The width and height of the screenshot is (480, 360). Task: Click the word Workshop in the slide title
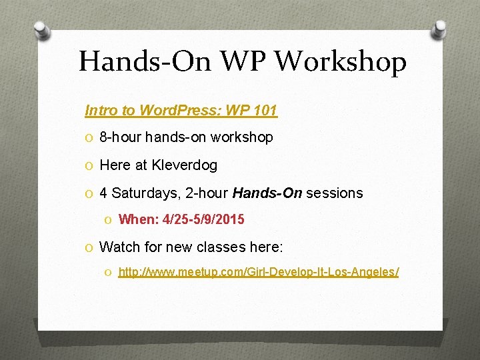point(341,63)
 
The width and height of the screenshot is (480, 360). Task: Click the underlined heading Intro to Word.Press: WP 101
point(181,110)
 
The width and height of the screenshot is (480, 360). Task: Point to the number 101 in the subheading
point(265,110)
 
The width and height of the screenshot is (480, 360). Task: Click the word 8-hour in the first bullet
point(120,137)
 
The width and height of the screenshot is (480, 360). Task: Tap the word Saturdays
point(140,193)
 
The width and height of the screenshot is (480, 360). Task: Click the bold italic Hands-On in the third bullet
point(267,193)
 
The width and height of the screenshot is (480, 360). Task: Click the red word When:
point(135,219)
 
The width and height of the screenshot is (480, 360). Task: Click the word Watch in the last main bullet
point(118,247)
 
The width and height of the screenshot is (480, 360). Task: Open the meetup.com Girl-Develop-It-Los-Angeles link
point(259,272)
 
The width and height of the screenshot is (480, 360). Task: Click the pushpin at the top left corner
point(41,30)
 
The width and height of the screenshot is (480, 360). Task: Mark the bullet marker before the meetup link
point(109,273)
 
